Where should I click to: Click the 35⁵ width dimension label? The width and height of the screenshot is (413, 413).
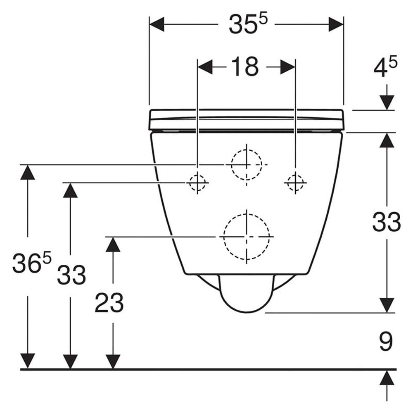(x=248, y=24)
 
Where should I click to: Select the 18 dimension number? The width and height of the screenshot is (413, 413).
(x=244, y=67)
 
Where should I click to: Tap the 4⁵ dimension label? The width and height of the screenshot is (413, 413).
(x=385, y=68)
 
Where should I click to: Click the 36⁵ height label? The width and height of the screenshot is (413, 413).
(x=32, y=262)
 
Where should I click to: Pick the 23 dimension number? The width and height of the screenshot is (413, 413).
(x=109, y=303)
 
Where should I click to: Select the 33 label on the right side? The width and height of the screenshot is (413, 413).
(x=387, y=222)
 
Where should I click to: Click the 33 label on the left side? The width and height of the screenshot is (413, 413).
(x=71, y=275)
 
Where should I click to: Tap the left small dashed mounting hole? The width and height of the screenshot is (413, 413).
(x=197, y=183)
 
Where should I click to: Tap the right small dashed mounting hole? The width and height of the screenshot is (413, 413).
(x=295, y=183)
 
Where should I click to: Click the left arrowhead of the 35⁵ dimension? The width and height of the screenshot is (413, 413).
(x=157, y=24)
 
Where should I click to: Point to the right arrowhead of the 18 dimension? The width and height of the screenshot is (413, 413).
(x=287, y=67)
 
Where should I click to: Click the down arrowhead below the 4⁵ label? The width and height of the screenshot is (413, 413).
(x=387, y=102)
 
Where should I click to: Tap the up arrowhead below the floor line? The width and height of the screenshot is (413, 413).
(x=387, y=378)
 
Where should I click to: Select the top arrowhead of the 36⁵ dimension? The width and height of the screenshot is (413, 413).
(x=28, y=172)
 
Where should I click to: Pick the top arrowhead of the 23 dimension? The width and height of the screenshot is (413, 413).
(x=113, y=244)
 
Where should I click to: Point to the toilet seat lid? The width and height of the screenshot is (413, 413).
(x=247, y=119)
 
